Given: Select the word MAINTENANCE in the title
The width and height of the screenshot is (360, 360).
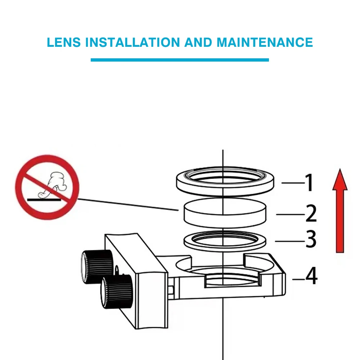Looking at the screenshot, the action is [x=265, y=42].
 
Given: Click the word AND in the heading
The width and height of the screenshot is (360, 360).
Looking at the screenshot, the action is [x=198, y=42].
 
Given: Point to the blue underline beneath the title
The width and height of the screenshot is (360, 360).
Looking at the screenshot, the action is [x=180, y=60].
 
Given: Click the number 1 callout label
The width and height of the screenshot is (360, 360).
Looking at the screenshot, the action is [x=309, y=183].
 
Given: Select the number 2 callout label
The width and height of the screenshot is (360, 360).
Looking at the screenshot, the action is [x=311, y=213].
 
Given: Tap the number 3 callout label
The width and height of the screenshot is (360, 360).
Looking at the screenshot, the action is [x=311, y=240].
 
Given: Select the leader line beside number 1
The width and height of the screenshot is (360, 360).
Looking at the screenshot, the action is [x=292, y=183].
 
